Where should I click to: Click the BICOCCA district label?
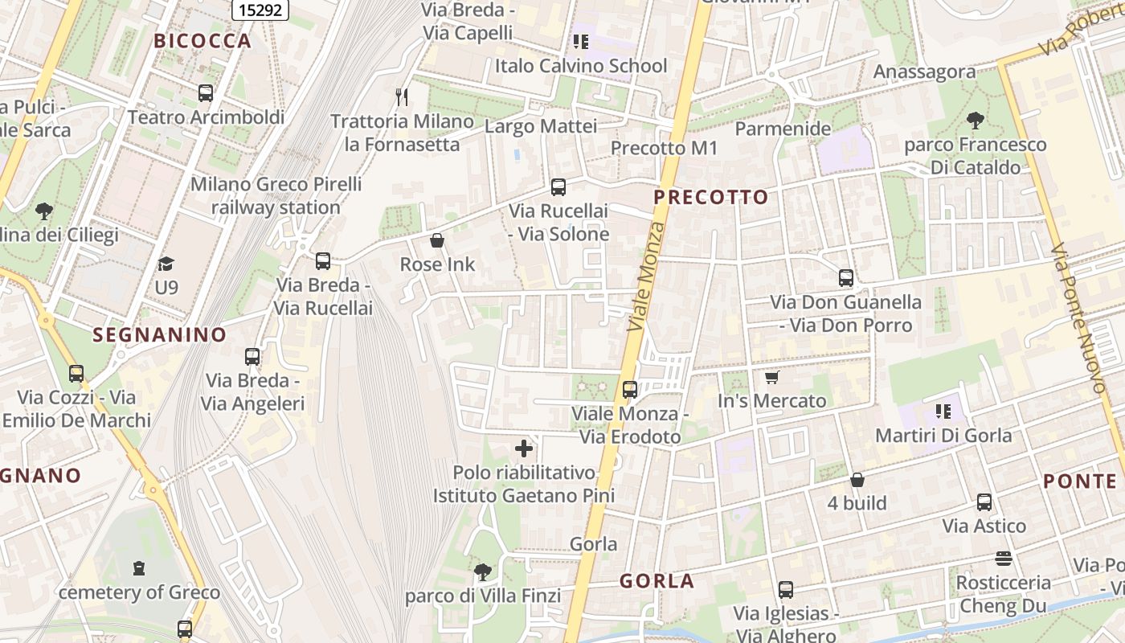tap(202, 41)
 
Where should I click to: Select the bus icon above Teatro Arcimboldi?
tap(206, 93)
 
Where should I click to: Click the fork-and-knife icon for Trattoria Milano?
tap(402, 97)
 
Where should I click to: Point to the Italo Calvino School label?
tap(581, 65)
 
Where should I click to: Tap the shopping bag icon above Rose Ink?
tap(437, 240)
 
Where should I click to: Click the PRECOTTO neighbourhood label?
tap(711, 197)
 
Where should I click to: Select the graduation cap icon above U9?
tap(166, 264)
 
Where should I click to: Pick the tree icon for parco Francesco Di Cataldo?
tap(976, 121)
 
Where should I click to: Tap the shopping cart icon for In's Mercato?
tap(771, 377)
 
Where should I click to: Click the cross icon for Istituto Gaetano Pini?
tap(524, 448)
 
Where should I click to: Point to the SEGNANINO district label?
tap(160, 335)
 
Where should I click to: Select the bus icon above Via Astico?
tap(984, 502)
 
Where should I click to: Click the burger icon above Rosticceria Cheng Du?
tap(1003, 558)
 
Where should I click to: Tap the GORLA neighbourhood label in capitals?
tap(657, 581)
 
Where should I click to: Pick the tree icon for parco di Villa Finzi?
tap(482, 571)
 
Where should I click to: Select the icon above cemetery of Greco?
tap(139, 568)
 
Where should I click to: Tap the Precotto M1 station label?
tap(664, 148)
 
